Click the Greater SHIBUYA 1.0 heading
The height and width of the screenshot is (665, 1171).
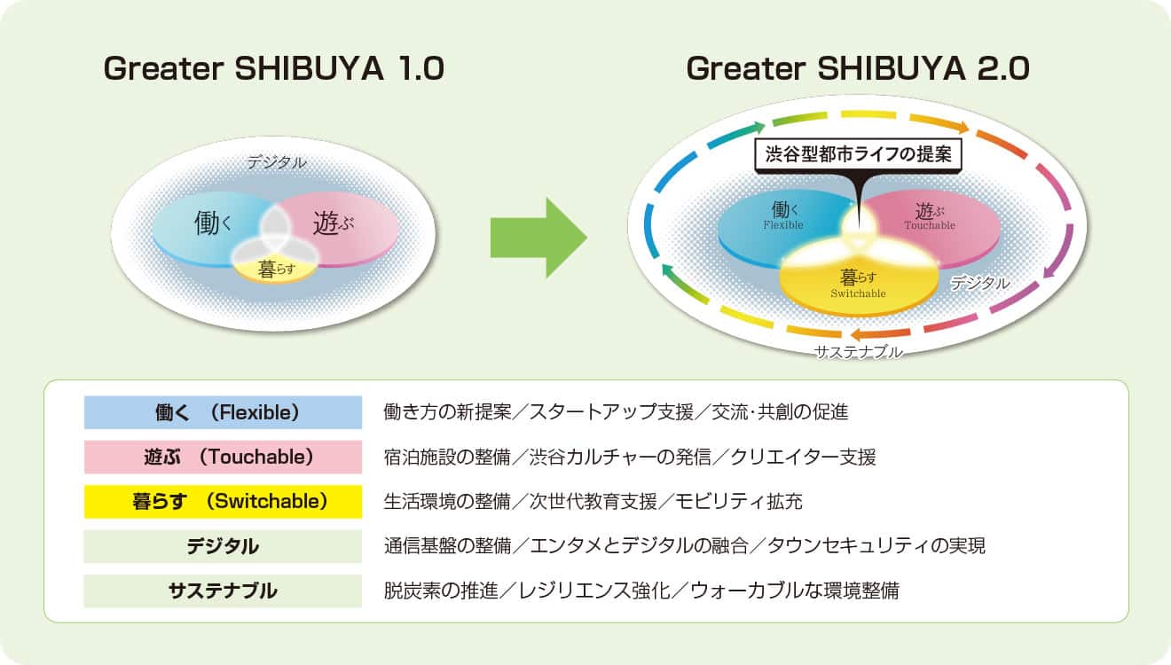tap(274, 68)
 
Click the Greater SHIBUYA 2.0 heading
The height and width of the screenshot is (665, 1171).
tap(858, 68)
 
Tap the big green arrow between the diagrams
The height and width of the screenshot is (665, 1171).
tap(538, 238)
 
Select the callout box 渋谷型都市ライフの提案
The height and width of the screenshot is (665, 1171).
tap(858, 154)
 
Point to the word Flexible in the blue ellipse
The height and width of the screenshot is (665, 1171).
tap(783, 225)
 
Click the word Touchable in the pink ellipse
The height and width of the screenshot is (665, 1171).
tap(930, 226)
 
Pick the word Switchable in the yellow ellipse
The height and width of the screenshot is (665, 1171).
tap(859, 293)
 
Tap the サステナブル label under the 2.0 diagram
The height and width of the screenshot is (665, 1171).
tap(859, 352)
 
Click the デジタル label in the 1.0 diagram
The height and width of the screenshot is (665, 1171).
tap(277, 162)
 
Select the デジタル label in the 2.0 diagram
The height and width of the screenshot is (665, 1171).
tap(979, 283)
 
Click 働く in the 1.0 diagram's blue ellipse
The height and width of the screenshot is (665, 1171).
tap(213, 223)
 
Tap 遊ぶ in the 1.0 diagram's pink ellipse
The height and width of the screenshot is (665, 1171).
tap(333, 223)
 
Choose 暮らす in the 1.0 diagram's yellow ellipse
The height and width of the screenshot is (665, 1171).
tap(276, 270)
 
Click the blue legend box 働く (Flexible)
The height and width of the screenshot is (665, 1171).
tap(224, 412)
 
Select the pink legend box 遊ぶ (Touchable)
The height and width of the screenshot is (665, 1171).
tap(224, 458)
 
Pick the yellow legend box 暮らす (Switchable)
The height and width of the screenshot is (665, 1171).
tap(224, 502)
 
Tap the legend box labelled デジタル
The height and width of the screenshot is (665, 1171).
tap(224, 546)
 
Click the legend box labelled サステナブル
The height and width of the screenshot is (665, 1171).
tap(224, 591)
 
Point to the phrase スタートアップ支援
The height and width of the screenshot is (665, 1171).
tap(611, 412)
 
